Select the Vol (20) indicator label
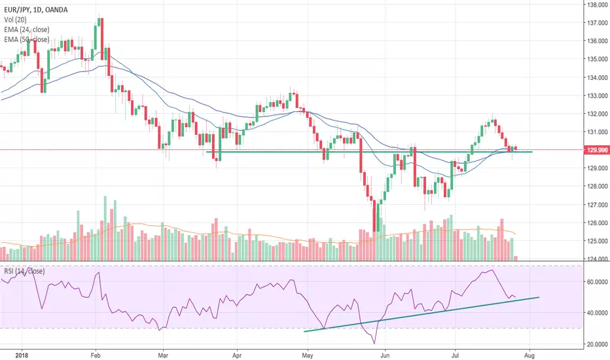point(14,20)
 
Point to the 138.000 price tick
point(594,5)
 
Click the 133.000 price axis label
point(594,96)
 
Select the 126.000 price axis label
point(594,223)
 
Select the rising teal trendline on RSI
point(419,314)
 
